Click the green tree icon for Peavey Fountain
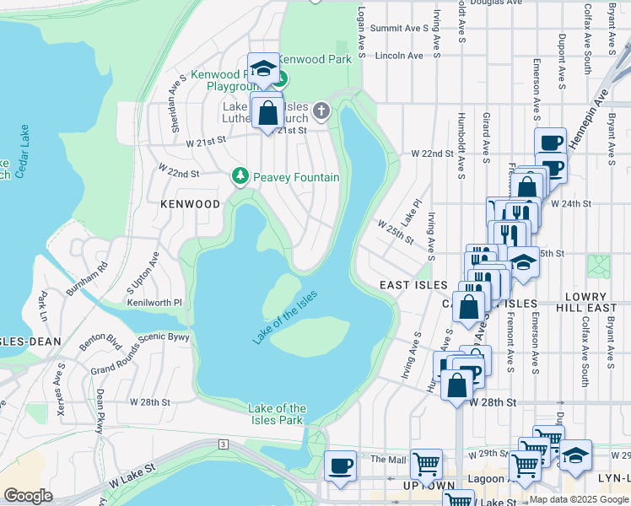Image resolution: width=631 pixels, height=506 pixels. pyautogui.click(x=240, y=176)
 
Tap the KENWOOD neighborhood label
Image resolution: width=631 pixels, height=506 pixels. pyautogui.click(x=191, y=204)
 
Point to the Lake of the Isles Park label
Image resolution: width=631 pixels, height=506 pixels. pyautogui.click(x=277, y=414)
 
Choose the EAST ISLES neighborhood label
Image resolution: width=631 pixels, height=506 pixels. pyautogui.click(x=413, y=285)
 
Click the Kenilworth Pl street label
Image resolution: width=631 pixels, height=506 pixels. pyautogui.click(x=154, y=302)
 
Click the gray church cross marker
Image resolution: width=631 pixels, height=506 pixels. pyautogui.click(x=321, y=110)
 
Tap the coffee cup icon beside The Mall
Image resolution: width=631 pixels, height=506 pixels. pyautogui.click(x=341, y=465)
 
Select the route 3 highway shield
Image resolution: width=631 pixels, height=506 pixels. pyautogui.click(x=223, y=444)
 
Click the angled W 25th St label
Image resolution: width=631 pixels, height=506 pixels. pyautogui.click(x=396, y=233)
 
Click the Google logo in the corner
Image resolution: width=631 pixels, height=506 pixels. pyautogui.click(x=28, y=496)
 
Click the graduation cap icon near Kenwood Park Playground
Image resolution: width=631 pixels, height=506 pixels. pyautogui.click(x=263, y=67)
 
